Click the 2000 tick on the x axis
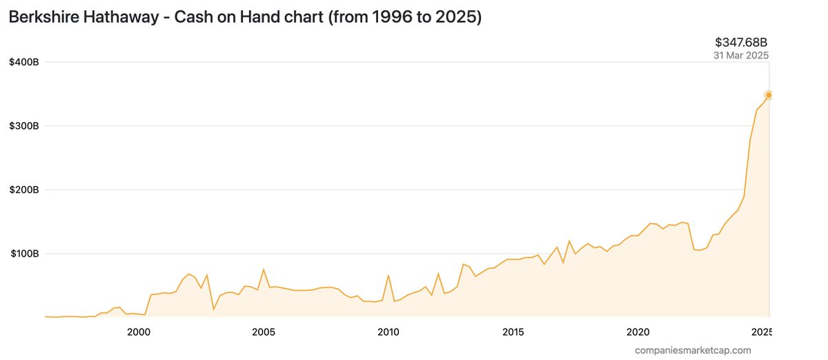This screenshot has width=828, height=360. coord(139,332)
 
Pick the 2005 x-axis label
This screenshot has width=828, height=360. coord(264,332)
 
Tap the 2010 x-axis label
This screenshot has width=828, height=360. coord(388,332)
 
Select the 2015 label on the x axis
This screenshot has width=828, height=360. coord(513,332)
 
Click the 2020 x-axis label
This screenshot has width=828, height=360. coord(638,332)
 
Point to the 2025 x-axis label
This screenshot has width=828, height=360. coord(761,332)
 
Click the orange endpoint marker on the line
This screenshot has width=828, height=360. coord(768,95)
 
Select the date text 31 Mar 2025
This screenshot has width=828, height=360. coord(741,55)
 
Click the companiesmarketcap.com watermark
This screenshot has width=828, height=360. coord(693,350)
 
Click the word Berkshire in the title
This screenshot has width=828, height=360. coord(43,18)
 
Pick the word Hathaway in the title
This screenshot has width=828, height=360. coord(121,18)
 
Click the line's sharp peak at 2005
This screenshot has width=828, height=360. coord(264,269)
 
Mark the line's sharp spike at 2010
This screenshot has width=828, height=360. coord(388,275)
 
